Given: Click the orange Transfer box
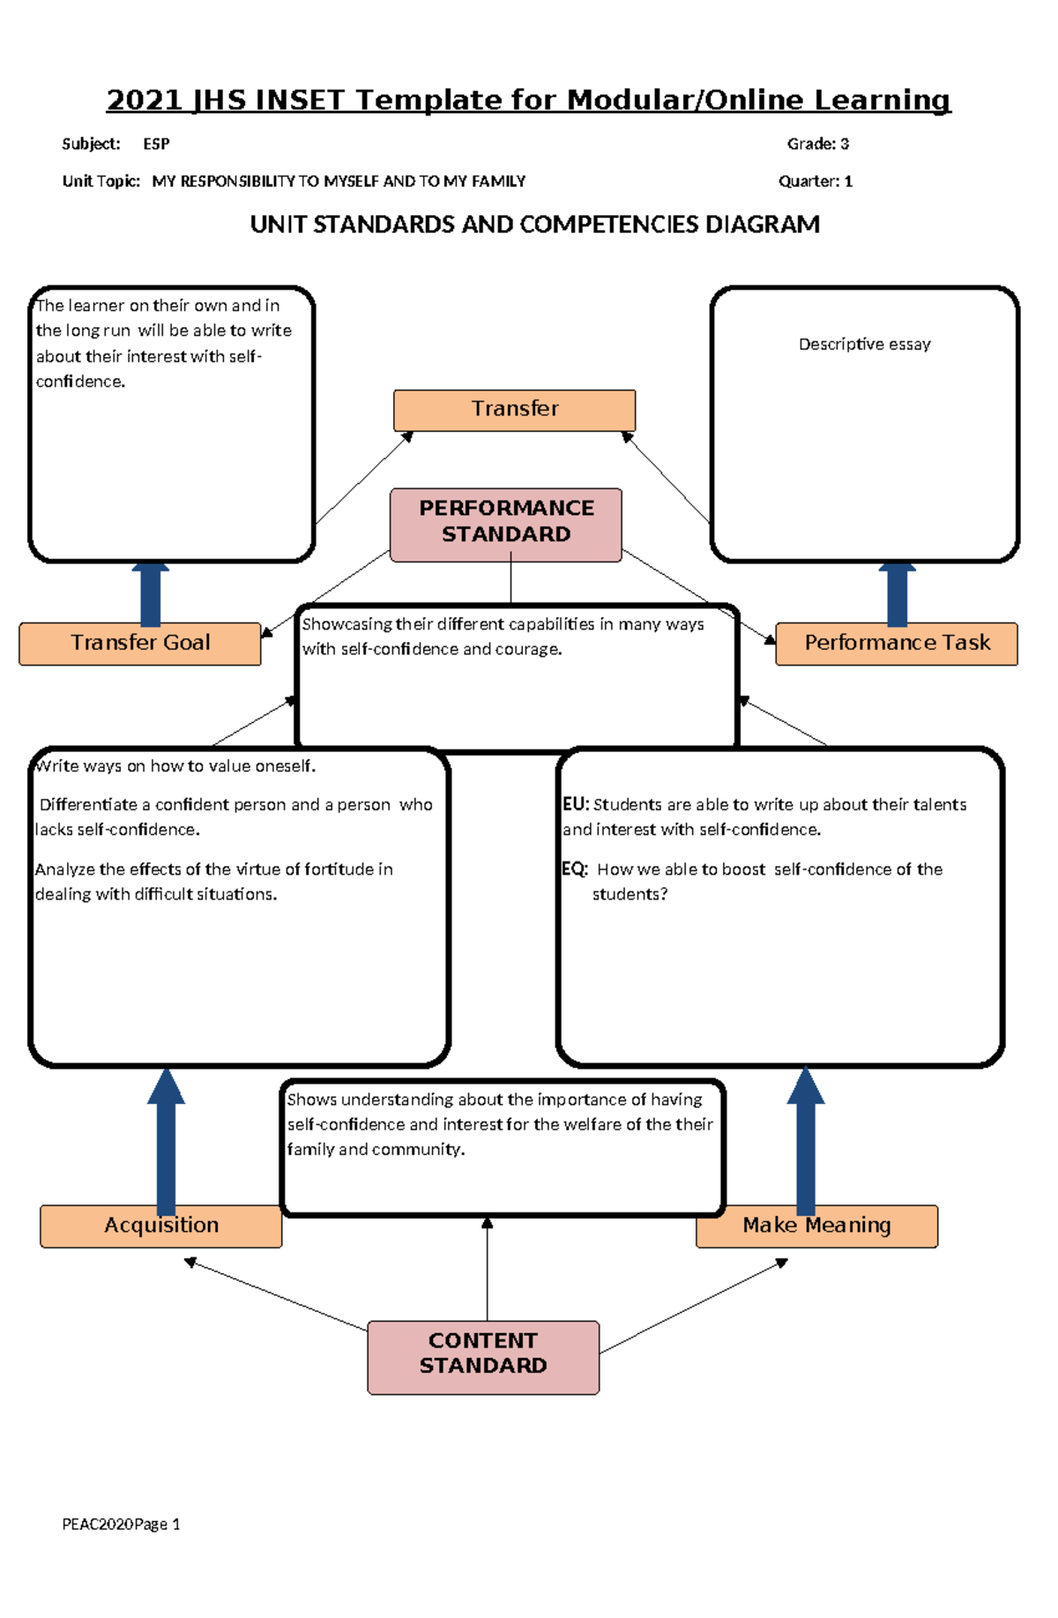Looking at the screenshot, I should tap(514, 410).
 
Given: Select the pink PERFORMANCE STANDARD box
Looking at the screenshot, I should tap(506, 524).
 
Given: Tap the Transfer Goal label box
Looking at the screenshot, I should tap(140, 643).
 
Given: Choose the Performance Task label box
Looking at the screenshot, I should tap(897, 643).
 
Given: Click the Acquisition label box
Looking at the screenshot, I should tap(161, 1226).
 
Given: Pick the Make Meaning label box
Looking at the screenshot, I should tap(816, 1226).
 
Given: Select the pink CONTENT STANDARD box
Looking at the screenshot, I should tap(483, 1356).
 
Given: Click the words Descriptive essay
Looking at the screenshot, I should tap(864, 345).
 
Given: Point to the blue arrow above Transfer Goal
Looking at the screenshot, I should tap(150, 594).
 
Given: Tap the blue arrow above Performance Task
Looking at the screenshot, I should tap(897, 594).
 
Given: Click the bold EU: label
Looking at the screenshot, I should tap(576, 804).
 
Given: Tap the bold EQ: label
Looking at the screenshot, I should tap(575, 869).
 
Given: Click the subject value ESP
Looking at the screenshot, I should tap(156, 144).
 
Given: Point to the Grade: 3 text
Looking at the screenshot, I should tap(817, 144).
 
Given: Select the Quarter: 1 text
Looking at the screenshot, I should tap(815, 182).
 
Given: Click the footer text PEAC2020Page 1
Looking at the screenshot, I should tap(121, 1525).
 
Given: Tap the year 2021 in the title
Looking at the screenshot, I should tap(144, 101).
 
